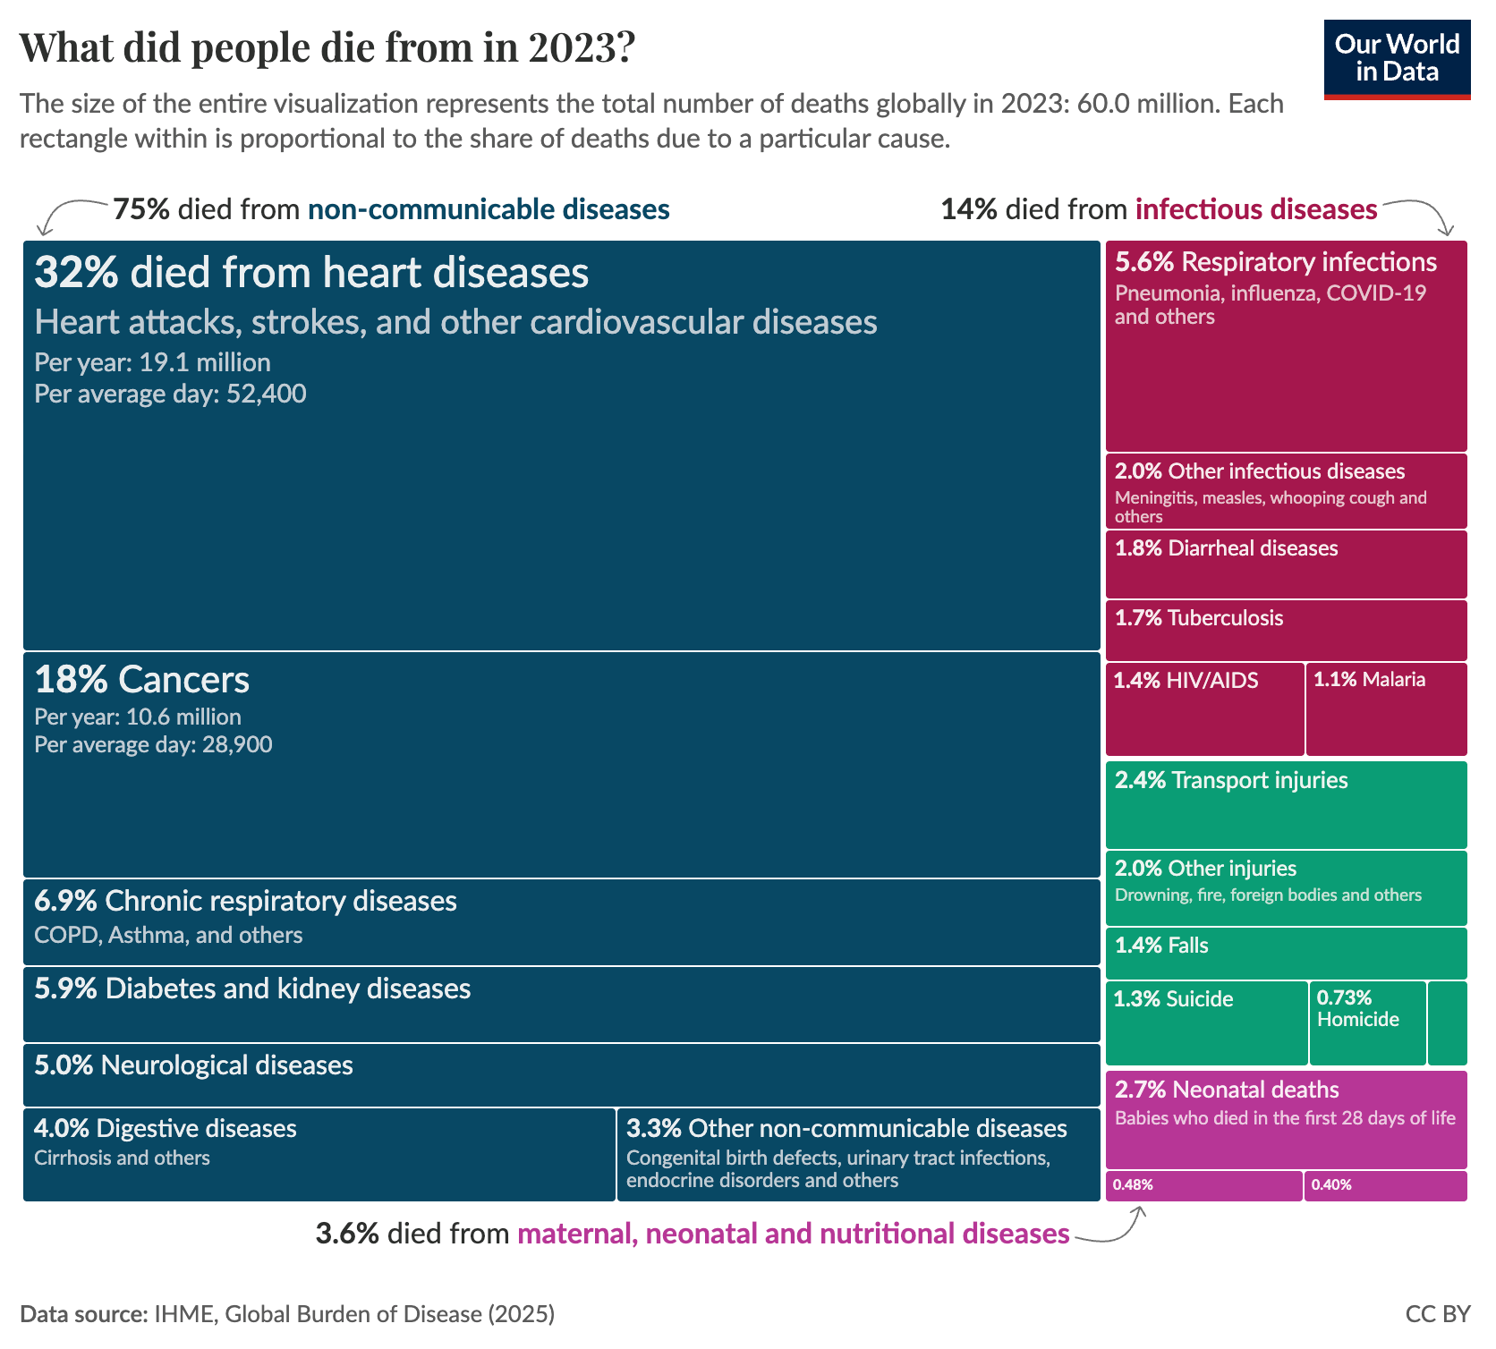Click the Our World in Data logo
pos(1397,59)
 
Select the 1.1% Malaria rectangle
pos(1386,709)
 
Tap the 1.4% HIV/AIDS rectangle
pos(1204,709)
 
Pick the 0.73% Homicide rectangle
pos(1367,1023)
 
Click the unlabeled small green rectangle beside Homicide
pos(1447,1023)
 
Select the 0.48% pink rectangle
pos(1203,1185)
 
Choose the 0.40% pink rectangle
pos(1385,1185)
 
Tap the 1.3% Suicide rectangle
pos(1206,1023)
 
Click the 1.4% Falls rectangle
pos(1286,954)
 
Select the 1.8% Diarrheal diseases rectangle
pos(1286,564)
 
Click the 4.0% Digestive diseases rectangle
pos(319,1155)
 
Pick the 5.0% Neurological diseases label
pos(193,1065)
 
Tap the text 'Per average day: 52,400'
pos(170,394)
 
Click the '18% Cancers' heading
pos(141,680)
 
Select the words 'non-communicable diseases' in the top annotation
pos(489,209)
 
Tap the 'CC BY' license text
pos(1438,1313)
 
